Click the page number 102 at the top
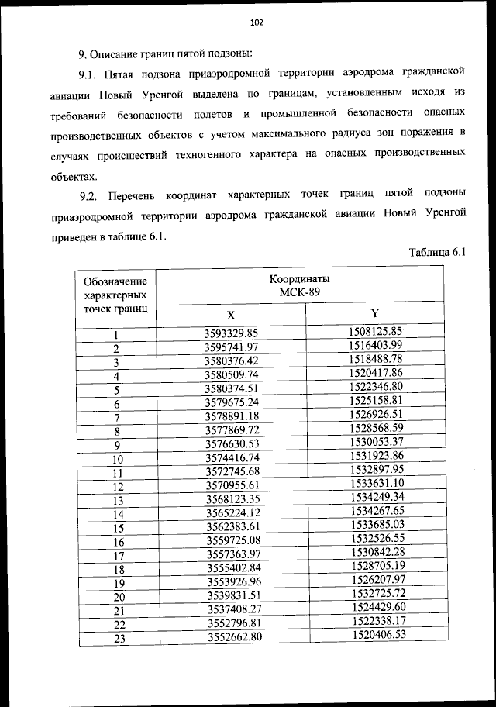257,22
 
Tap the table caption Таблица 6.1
436,252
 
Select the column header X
231,316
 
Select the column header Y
374,313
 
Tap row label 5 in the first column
116,390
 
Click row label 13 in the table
118,500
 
